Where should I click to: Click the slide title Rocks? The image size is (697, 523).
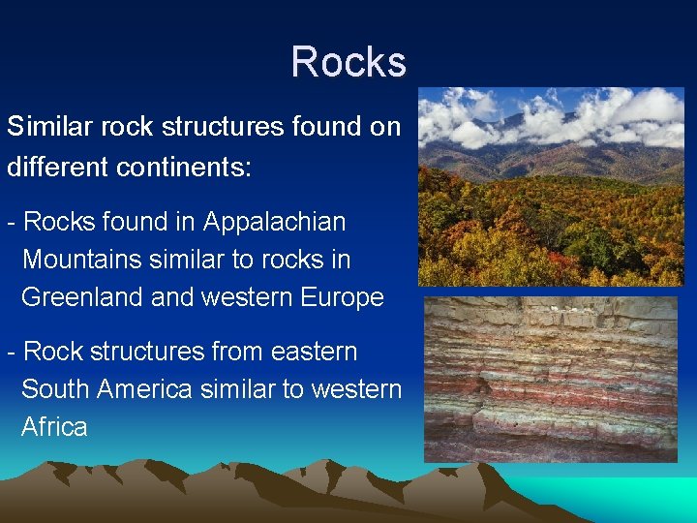348,62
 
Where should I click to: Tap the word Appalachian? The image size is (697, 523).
274,222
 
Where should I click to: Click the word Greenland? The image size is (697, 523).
83,297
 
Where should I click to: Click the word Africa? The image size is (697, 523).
54,427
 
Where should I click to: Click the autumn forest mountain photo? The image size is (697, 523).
551,187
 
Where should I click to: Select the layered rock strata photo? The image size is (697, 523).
551,379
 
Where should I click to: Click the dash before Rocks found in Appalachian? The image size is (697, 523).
11,223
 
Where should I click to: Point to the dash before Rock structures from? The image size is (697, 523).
11,353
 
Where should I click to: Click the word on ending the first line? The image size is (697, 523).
385,127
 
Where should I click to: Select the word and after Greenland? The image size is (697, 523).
173,297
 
